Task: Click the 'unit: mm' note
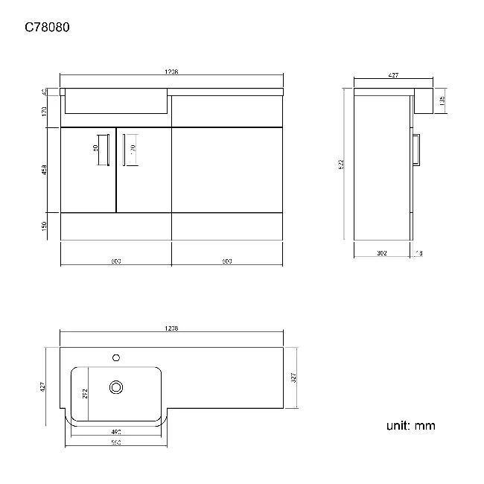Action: coord(410,426)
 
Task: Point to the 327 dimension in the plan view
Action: coord(294,378)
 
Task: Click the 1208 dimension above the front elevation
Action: coord(171,72)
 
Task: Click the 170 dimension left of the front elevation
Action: coord(45,111)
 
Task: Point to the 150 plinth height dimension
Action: coord(45,226)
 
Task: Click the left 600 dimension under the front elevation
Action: coord(116,261)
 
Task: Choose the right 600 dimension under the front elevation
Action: coord(227,261)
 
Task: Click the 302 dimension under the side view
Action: coord(383,253)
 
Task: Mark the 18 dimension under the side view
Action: coord(419,253)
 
